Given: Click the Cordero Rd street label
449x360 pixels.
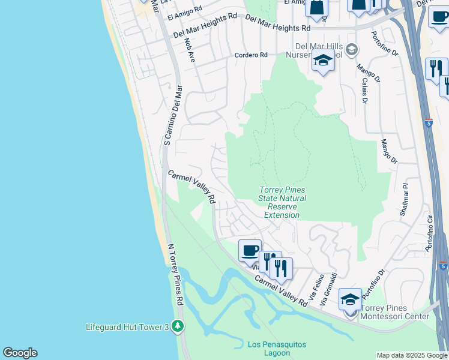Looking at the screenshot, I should point(250,55).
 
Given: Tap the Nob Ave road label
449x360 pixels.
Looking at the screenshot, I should point(190,52).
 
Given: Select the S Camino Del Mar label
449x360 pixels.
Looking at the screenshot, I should point(173,114).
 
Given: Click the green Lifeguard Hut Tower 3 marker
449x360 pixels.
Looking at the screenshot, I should point(177,326).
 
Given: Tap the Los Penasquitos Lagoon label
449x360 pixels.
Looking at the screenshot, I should point(277,349).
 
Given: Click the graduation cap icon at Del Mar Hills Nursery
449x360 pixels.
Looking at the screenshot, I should point(323,61).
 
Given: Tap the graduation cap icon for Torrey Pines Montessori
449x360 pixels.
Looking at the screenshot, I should point(350,298).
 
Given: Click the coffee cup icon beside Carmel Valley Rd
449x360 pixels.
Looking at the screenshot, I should point(250,250).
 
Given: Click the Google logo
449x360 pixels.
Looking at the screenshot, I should point(20,353).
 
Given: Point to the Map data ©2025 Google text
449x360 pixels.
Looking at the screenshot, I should point(412,355).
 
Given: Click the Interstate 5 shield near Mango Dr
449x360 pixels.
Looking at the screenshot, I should point(428,123).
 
